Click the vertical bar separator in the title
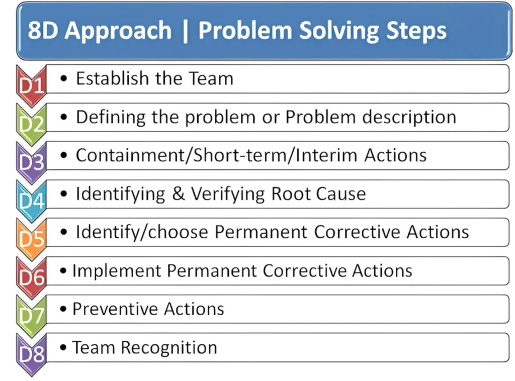pyautogui.click(x=185, y=32)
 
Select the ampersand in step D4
pyautogui.click(x=179, y=194)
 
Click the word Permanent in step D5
pyautogui.click(x=261, y=232)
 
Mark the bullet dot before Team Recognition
pyautogui.click(x=63, y=347)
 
